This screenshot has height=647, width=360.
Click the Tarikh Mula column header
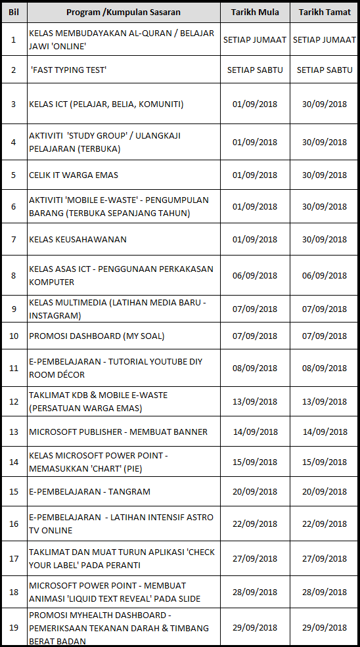pos(255,12)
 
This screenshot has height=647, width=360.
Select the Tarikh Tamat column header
pos(325,12)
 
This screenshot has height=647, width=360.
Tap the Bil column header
pos(13,12)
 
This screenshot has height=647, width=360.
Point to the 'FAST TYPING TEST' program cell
pos(68,70)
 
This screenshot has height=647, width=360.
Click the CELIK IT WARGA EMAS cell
pos(74,175)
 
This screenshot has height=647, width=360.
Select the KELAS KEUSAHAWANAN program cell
pos(78,239)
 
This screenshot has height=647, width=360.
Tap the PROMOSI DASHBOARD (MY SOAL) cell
pos(97,336)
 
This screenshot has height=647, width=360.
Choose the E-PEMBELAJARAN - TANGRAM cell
pos(90,491)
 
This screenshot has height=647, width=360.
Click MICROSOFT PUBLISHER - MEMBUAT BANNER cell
pos(118,432)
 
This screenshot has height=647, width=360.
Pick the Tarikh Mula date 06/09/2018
pos(255,275)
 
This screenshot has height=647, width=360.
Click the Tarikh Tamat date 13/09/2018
pos(325,401)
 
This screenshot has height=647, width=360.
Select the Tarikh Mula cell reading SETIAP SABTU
pos(255,70)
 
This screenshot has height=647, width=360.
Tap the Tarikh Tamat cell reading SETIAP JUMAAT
pos(325,39)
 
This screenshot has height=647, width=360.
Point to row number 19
pos(13,627)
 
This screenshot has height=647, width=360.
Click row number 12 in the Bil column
pos(13,401)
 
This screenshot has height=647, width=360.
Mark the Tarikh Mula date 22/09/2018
pos(255,524)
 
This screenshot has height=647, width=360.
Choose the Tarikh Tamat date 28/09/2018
pos(325,592)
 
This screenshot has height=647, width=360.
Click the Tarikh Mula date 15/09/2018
pos(255,461)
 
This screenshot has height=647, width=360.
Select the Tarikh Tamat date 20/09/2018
pos(325,491)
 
